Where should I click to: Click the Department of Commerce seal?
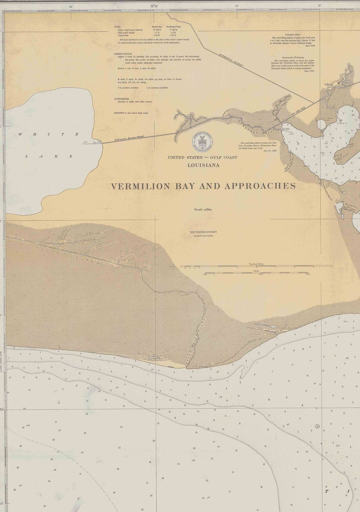(202, 141)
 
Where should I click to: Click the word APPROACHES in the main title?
(260, 186)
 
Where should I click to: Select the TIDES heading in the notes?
(117, 27)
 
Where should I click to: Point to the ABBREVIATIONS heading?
(123, 54)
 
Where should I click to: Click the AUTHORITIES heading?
(121, 99)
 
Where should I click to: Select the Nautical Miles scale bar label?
(256, 264)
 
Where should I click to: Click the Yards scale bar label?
(256, 271)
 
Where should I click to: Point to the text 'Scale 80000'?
(203, 209)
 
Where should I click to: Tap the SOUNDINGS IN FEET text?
(203, 232)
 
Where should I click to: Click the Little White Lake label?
(327, 119)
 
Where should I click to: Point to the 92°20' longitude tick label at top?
(154, 6)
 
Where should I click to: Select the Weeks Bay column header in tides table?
(157, 27)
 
